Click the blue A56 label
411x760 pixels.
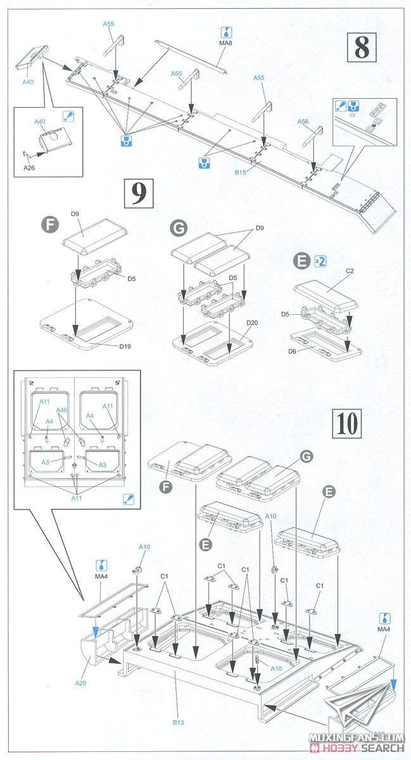pyautogui.click(x=303, y=122)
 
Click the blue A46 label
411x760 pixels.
pyautogui.click(x=61, y=410)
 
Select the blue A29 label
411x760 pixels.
pyautogui.click(x=80, y=683)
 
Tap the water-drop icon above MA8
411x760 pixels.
pyautogui.click(x=226, y=32)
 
